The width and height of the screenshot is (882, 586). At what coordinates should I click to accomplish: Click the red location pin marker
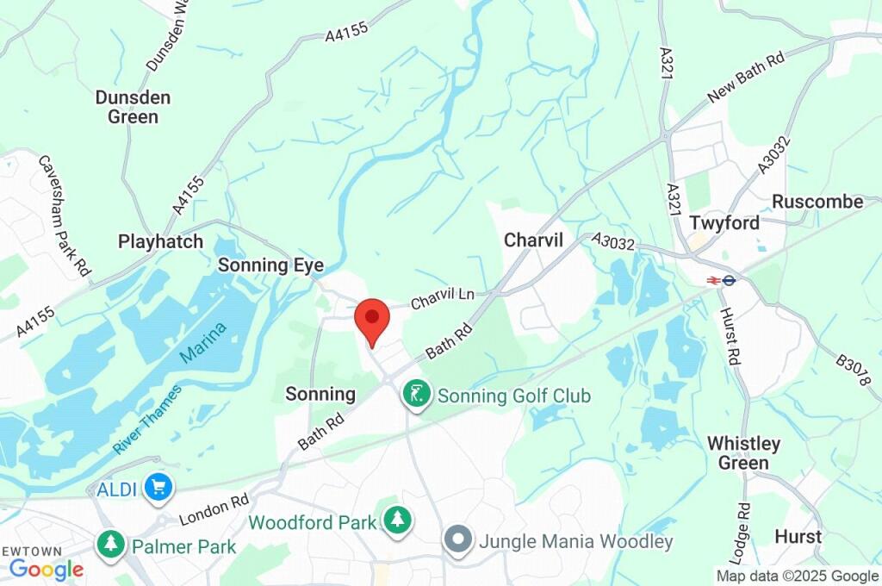tap(372, 321)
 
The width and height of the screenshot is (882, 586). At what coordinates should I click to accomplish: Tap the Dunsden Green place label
tap(133, 107)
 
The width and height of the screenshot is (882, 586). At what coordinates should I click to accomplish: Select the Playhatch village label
tap(161, 241)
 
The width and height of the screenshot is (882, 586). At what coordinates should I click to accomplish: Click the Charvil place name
tap(533, 240)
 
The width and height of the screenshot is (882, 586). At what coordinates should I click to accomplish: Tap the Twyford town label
tap(724, 223)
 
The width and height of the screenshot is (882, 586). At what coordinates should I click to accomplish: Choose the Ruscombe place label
tap(817, 202)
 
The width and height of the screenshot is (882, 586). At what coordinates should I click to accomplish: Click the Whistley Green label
tap(743, 453)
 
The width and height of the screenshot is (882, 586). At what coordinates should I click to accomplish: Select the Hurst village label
tap(798, 536)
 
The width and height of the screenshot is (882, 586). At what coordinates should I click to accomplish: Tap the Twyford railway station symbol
tap(721, 280)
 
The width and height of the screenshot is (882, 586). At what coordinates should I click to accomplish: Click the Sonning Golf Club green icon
tap(417, 396)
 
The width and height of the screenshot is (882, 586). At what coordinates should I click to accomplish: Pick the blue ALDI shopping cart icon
tap(158, 488)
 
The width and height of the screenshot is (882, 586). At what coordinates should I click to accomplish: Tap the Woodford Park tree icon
tap(397, 521)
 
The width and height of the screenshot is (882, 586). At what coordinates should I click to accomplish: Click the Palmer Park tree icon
tap(110, 545)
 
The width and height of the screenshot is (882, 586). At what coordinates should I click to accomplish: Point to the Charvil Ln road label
tap(443, 298)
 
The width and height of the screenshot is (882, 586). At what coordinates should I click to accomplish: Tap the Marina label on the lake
tap(204, 343)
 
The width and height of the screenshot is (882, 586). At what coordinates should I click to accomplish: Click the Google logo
tap(47, 569)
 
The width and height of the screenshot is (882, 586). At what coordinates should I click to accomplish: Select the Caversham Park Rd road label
tap(65, 215)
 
